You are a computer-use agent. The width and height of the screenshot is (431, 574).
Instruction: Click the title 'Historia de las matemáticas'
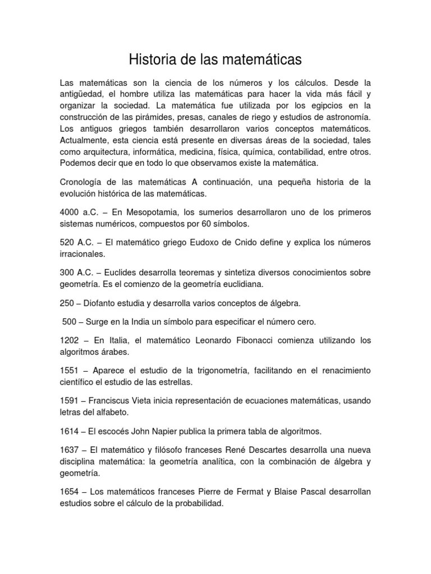(215, 59)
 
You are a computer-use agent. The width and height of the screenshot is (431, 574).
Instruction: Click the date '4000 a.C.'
(78, 212)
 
